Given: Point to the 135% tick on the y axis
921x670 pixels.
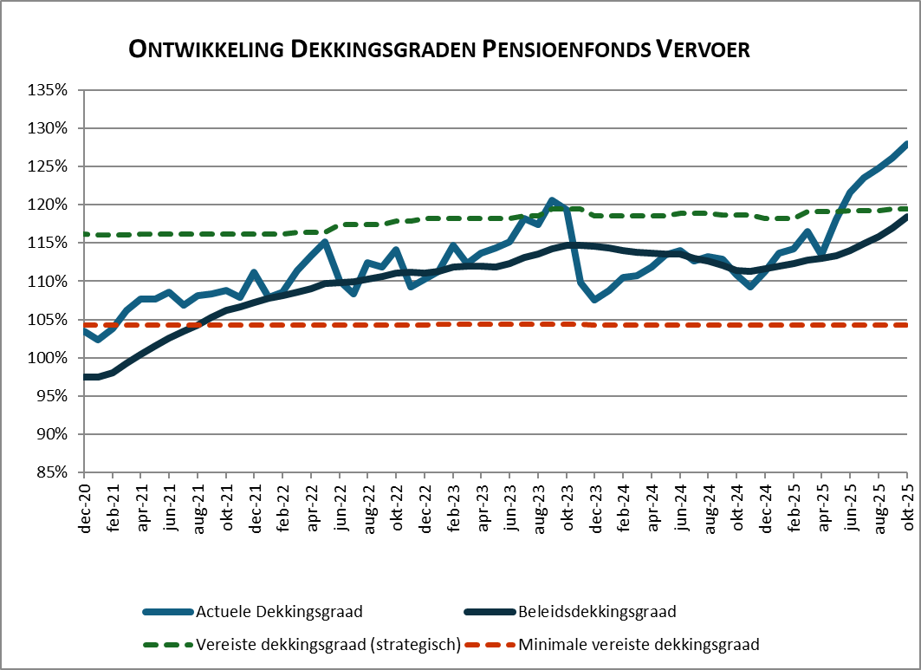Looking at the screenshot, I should point(49,90).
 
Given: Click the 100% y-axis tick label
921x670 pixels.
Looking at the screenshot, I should point(49,358).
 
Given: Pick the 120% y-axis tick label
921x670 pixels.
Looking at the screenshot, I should point(49,205).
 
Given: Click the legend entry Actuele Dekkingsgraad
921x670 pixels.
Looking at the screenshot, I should point(279,612).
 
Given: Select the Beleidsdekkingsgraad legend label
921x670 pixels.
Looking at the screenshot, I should point(597,612).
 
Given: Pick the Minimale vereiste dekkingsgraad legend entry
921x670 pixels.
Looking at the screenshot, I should point(639,645).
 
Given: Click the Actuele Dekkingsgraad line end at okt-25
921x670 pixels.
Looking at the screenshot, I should point(907,144).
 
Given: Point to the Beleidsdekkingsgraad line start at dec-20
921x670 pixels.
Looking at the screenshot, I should point(85,377).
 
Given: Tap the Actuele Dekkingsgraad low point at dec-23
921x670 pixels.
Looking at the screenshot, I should point(595,299).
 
